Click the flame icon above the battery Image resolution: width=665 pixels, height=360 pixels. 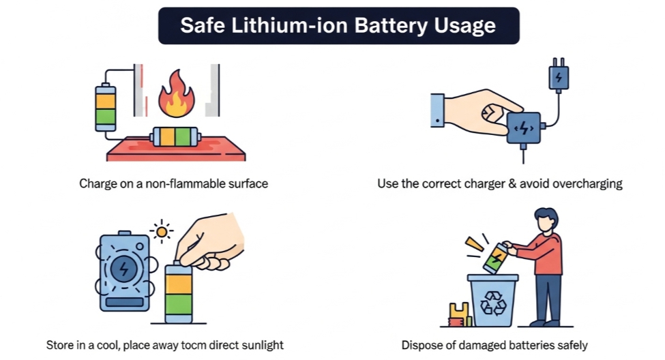177,94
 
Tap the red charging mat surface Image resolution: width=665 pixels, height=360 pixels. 176,149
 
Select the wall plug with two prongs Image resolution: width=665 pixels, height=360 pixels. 559,75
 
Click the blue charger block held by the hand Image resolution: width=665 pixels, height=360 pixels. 524,127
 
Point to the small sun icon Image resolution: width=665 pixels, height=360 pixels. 162,232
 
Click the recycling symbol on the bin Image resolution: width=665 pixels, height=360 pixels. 493,303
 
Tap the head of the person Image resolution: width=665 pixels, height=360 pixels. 546,219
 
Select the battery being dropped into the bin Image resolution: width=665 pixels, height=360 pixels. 496,258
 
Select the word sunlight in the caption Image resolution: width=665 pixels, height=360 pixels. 262,345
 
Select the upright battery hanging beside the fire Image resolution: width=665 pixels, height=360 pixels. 106,108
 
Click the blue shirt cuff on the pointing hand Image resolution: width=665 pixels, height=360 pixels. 437,110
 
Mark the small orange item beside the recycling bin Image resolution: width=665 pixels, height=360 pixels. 459,314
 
